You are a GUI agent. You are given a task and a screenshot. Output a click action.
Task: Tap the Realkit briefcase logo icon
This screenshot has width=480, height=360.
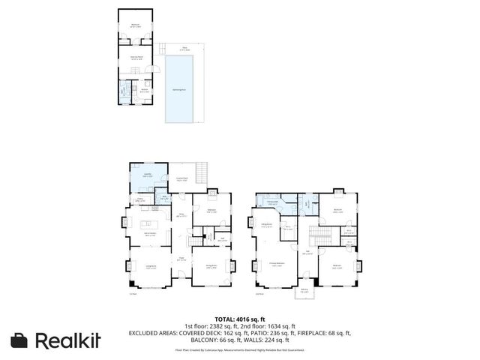[x=19, y=340]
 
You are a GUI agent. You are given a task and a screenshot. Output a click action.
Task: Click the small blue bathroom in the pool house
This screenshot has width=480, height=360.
[x=124, y=94]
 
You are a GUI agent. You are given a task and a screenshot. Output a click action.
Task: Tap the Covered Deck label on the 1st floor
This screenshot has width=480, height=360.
[x=181, y=180]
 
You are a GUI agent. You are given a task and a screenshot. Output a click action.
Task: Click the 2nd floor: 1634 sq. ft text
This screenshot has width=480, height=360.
[x=274, y=325]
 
